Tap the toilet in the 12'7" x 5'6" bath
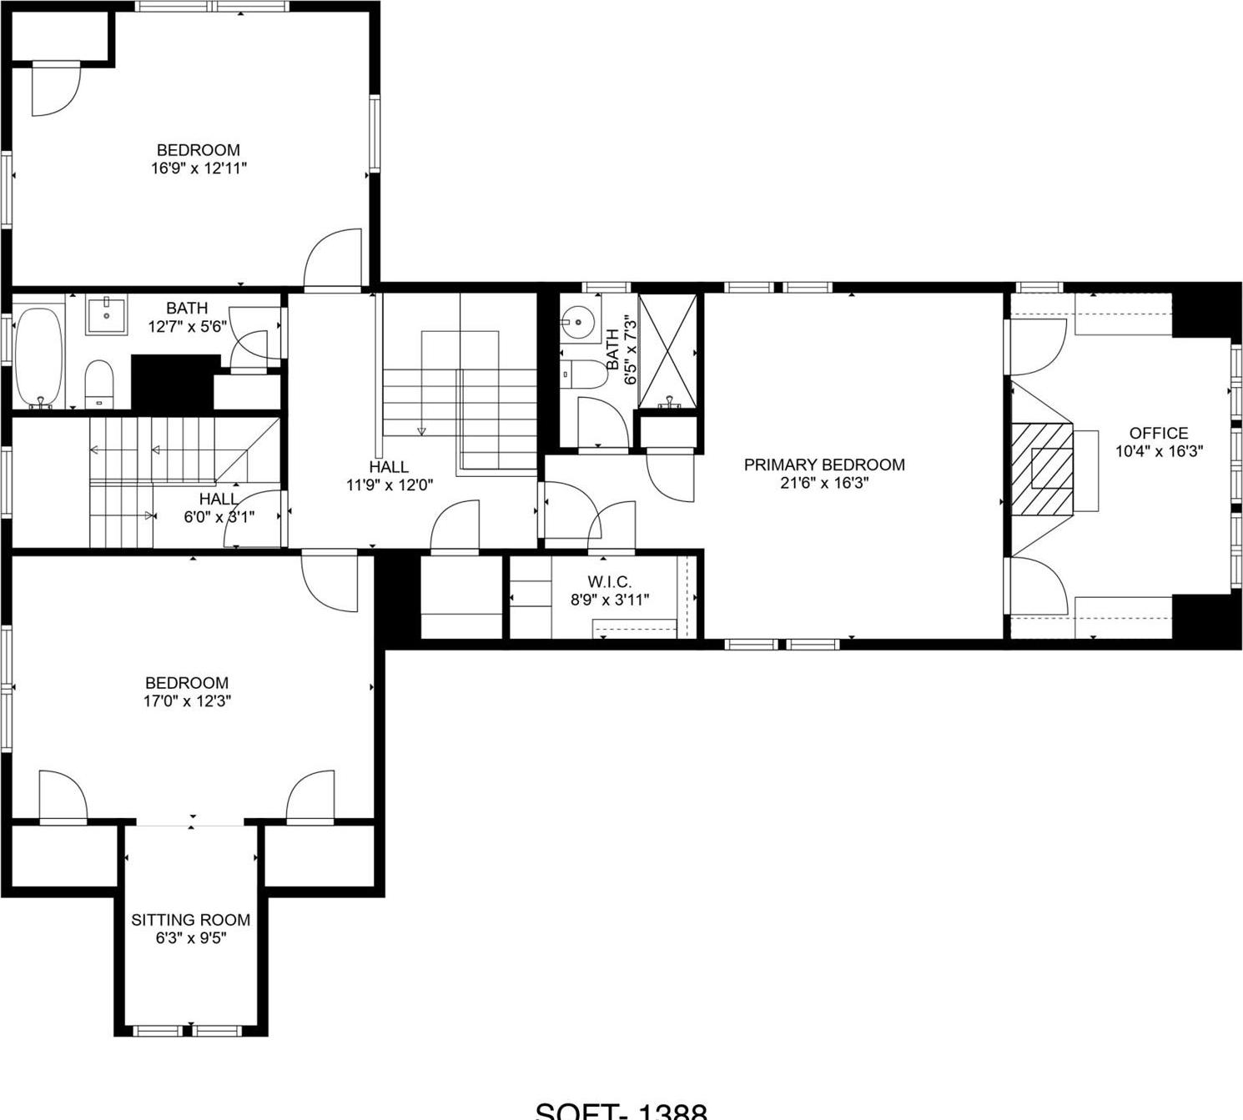tap(99, 384)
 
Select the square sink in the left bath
tap(107, 315)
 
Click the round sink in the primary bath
tap(577, 321)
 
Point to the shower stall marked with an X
tap(667, 351)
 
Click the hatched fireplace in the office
tap(1043, 468)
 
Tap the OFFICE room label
tap(1158, 433)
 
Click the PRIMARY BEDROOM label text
tap(823, 465)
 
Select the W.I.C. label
tap(609, 581)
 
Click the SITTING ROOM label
tap(190, 920)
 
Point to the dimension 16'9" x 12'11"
tap(199, 168)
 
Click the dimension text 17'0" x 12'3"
tap(187, 701)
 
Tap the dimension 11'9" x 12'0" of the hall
tap(389, 485)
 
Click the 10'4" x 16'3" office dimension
tap(1159, 451)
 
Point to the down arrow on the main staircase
tap(421, 429)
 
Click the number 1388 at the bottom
tap(672, 1112)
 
